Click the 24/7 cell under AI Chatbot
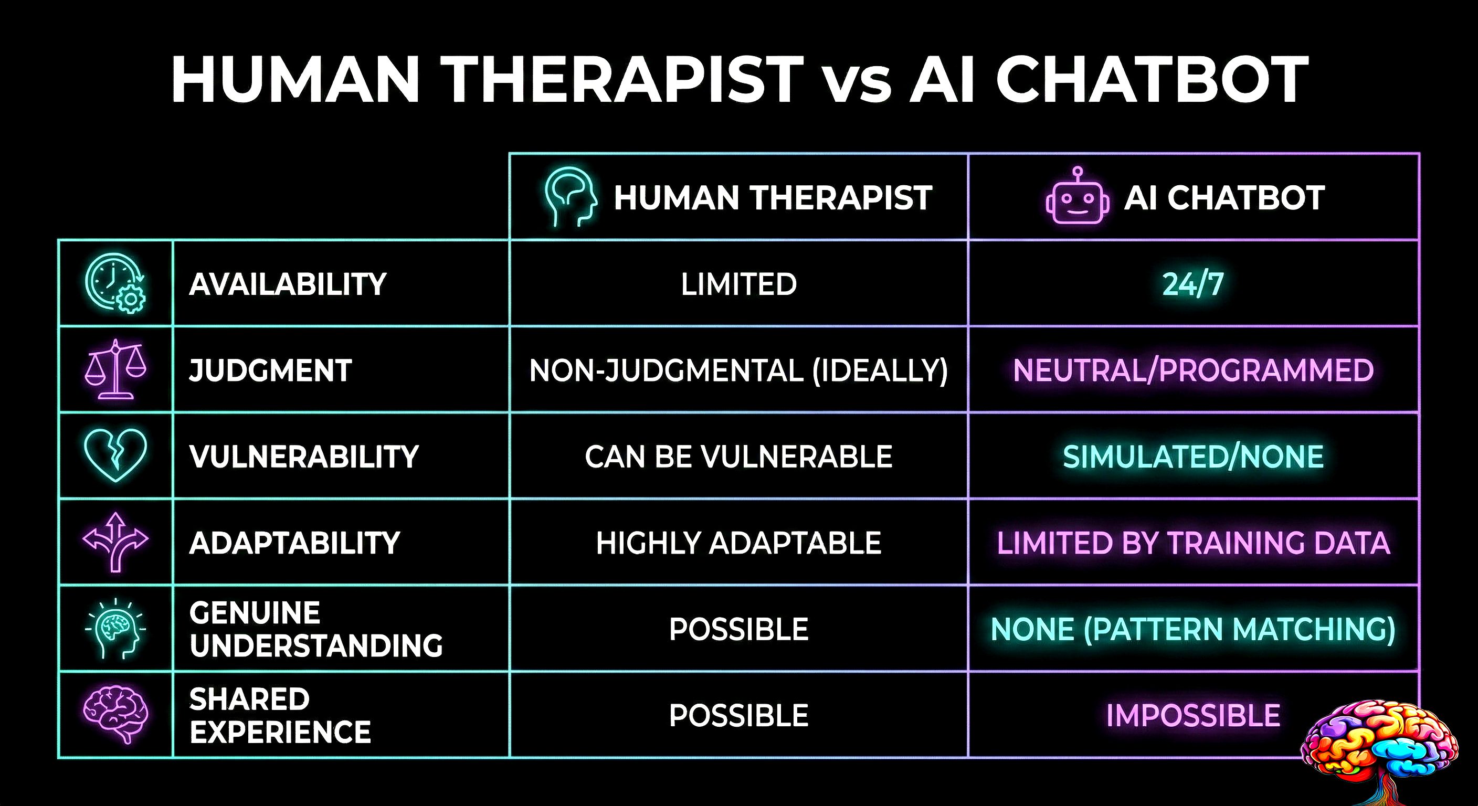coord(1193,284)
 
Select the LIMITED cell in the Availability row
coord(738,284)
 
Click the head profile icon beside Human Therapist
coord(570,196)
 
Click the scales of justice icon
coord(115,369)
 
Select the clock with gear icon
coord(115,283)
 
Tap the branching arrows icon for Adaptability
coord(115,542)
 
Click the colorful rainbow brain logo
coord(1380,743)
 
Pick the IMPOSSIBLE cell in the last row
coord(1193,715)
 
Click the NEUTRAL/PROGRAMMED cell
coord(1193,370)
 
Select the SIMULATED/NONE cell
coord(1193,457)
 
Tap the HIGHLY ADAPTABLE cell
coord(738,543)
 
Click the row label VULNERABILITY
coord(304,457)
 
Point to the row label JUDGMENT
coord(270,370)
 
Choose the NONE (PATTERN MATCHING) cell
coord(1193,629)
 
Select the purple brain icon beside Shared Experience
coord(115,714)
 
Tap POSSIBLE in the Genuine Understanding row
coord(738,629)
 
